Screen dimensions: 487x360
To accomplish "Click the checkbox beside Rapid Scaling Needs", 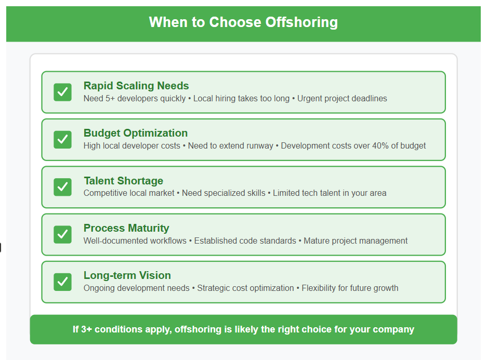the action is (x=62, y=92).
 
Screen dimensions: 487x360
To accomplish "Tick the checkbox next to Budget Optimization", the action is (x=62, y=140).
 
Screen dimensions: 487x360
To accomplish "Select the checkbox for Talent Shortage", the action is (x=62, y=187).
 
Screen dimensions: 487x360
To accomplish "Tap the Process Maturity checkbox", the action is (x=62, y=235).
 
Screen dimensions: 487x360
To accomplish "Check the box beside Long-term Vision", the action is (x=62, y=282).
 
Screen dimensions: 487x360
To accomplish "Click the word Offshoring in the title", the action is (x=301, y=22).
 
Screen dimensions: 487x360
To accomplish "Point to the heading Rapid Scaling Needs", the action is (x=136, y=86).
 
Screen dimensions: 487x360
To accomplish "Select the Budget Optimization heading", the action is (x=136, y=133).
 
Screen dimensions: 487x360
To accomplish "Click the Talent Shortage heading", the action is (x=123, y=181).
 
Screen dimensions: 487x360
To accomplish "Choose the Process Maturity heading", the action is (x=126, y=228).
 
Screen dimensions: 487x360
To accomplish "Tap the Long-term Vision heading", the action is (x=127, y=276).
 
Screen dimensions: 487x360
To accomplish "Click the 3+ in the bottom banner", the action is (x=86, y=329).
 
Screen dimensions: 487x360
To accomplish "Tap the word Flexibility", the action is (x=319, y=288).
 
